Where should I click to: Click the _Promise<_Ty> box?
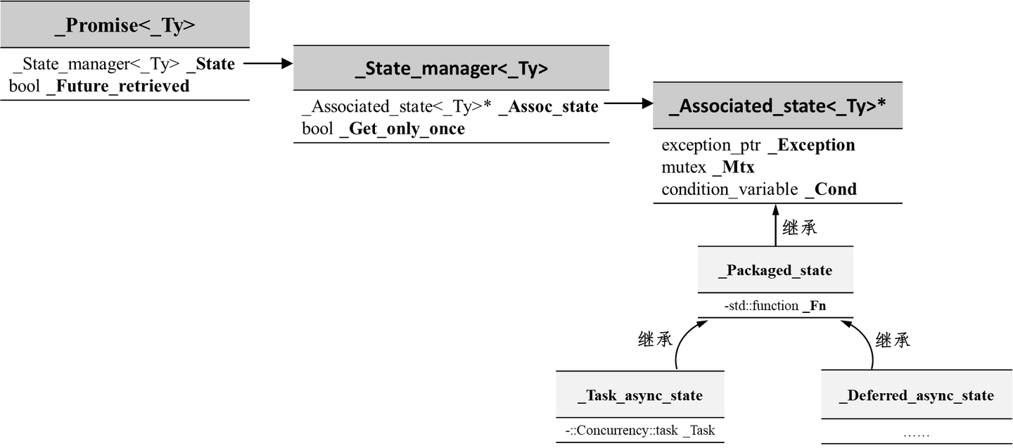click(125, 25)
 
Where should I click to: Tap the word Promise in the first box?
click(101, 26)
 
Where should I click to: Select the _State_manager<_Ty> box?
click(451, 68)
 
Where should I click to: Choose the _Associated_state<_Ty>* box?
click(777, 106)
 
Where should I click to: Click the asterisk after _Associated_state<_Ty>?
click(881, 104)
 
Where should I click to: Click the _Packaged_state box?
click(775, 270)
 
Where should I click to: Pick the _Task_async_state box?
click(639, 395)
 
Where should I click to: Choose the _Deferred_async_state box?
click(916, 395)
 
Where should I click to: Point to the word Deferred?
click(876, 395)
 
